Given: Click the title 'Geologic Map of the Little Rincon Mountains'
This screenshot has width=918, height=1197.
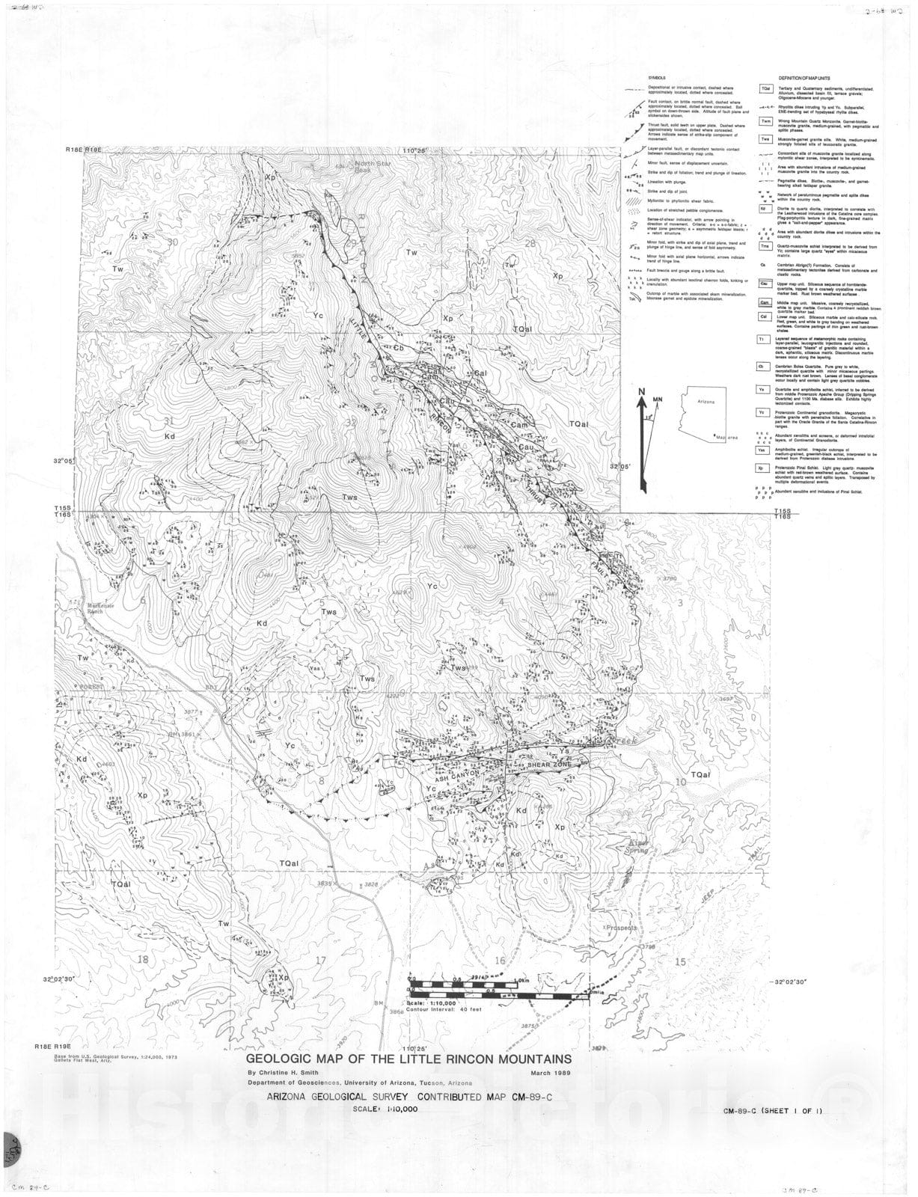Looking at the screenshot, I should [x=409, y=1059].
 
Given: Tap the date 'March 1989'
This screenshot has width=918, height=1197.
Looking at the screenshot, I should [x=551, y=1073].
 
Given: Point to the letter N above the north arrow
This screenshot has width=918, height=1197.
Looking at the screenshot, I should [x=641, y=391].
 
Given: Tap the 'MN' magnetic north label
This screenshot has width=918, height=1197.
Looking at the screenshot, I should [x=658, y=400].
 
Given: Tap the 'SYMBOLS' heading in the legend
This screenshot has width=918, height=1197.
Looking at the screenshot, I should [x=657, y=79].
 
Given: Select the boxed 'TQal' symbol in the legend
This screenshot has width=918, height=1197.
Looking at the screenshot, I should [x=765, y=89].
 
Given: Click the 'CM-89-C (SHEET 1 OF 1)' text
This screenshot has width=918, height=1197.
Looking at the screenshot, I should [x=772, y=1109].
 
